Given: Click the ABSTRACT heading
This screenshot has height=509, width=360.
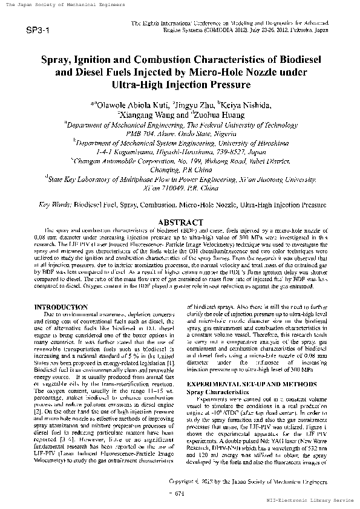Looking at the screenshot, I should (180, 223).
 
